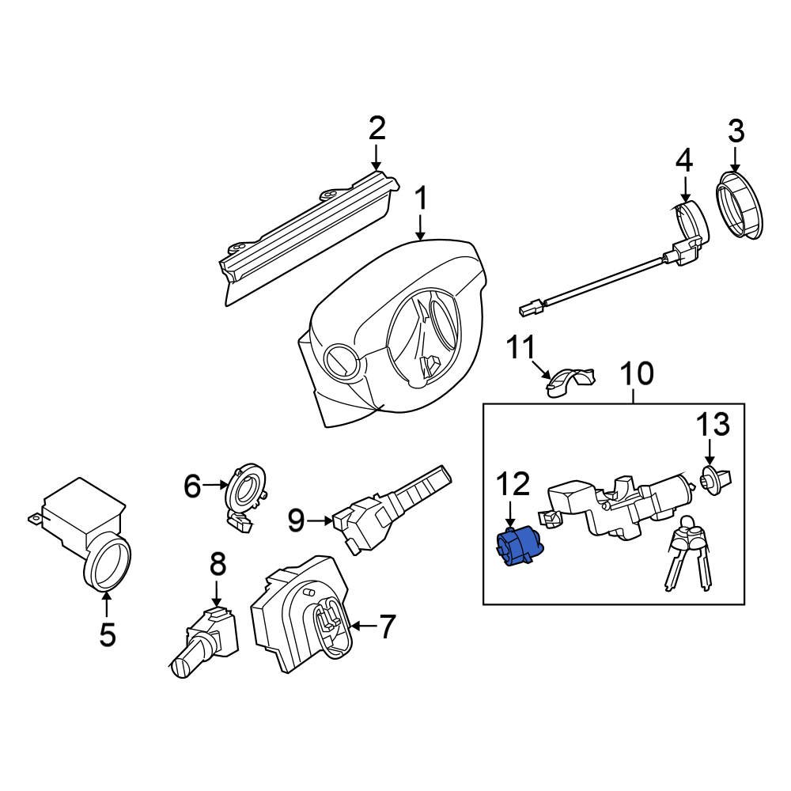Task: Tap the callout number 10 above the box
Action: [637, 373]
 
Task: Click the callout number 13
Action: [713, 425]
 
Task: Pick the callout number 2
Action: [377, 128]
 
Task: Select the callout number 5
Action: [107, 634]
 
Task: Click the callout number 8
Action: [218, 565]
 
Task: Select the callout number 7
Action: [385, 627]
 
